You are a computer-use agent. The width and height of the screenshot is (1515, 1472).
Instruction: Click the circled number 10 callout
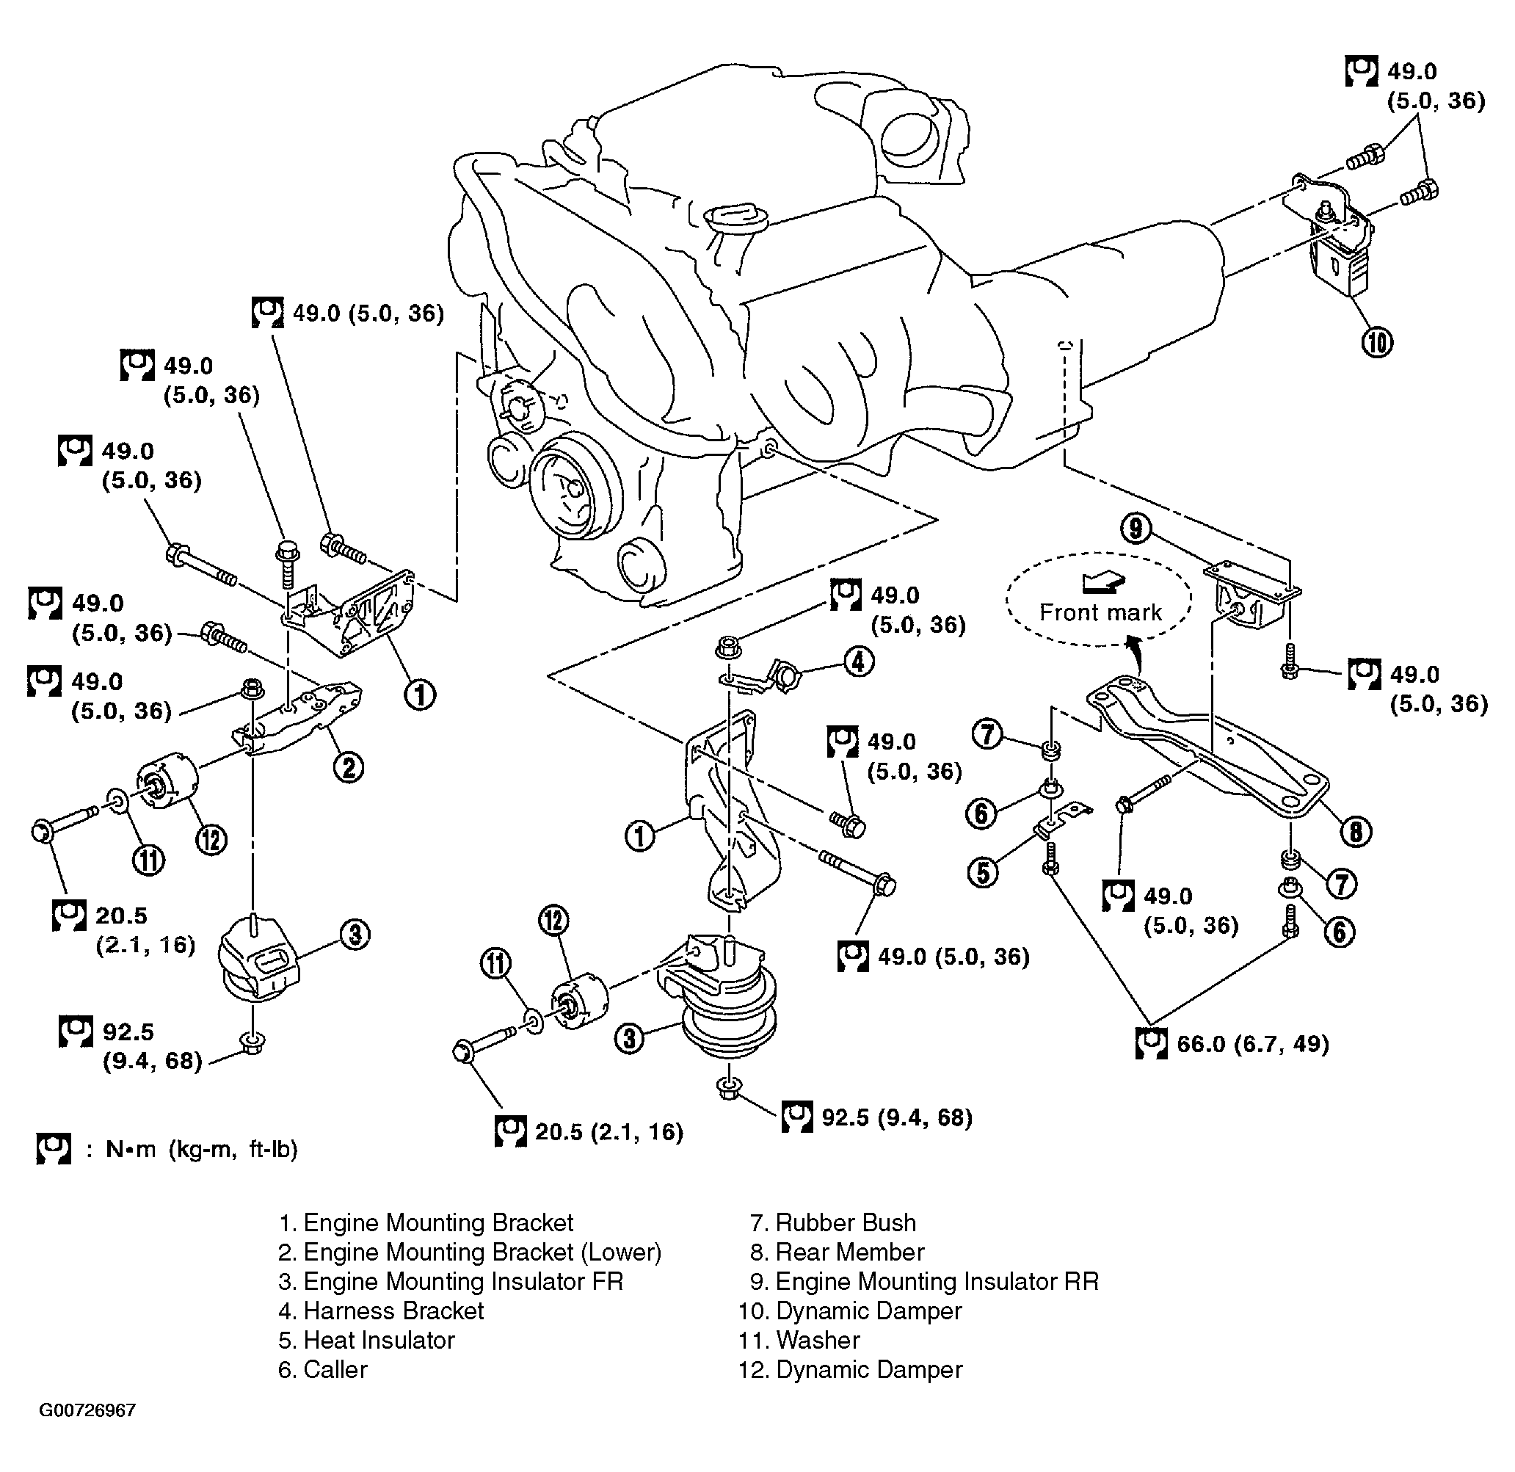coord(1378,341)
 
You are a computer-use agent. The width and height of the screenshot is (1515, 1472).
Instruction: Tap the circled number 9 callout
coord(1136,529)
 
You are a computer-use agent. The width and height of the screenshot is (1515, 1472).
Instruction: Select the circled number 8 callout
coord(1356,832)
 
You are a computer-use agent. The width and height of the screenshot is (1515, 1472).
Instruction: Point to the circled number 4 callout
coord(858,661)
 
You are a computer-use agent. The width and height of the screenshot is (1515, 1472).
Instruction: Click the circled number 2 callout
coord(348,768)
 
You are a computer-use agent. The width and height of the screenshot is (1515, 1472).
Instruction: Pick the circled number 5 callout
coord(982,873)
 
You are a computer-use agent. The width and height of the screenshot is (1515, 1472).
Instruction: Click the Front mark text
coord(1100,613)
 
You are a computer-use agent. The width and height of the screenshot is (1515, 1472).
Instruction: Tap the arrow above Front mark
coord(1101,583)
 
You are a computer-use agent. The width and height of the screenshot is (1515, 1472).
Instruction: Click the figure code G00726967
coord(87,1410)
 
